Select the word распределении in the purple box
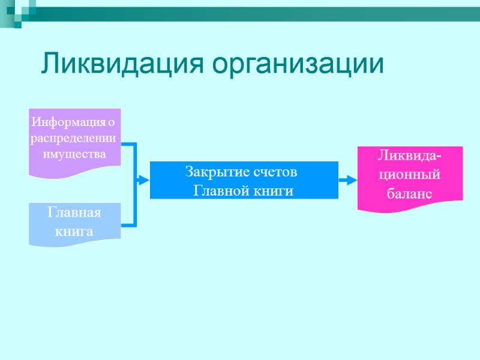(x=74, y=139)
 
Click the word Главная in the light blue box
(x=74, y=214)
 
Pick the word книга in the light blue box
(x=74, y=231)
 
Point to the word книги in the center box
(x=275, y=191)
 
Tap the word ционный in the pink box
(x=410, y=175)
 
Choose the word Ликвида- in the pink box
(x=410, y=157)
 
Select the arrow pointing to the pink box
(x=348, y=179)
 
